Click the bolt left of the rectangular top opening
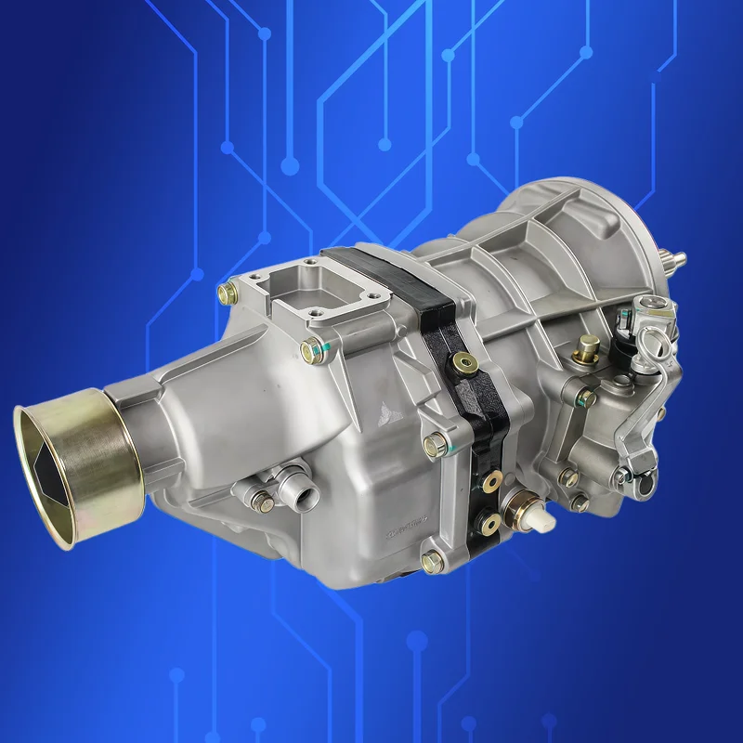(226, 293)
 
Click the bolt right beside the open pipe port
(262, 502)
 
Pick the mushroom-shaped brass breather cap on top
(585, 351)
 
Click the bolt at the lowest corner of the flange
(431, 561)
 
